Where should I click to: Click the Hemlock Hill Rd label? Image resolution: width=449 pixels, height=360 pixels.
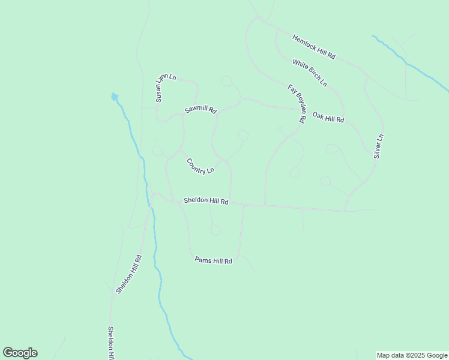click(313, 46)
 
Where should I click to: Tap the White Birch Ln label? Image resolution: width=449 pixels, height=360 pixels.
click(310, 72)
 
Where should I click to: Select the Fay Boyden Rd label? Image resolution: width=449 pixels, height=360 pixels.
click(297, 104)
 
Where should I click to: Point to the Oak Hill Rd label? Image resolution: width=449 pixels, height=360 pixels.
click(328, 117)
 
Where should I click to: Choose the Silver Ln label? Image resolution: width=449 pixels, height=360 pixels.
click(378, 146)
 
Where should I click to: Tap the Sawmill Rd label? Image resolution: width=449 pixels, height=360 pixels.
click(200, 109)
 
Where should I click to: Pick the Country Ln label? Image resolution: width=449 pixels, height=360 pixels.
click(200, 166)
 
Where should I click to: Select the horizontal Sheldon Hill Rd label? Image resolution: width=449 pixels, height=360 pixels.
click(206, 201)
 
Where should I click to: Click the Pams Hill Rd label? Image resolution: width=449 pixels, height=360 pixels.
click(213, 260)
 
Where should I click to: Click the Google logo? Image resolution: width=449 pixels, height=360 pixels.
click(20, 353)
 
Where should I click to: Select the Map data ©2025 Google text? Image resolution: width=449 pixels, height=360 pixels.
click(412, 355)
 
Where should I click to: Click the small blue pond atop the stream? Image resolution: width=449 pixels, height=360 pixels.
click(114, 96)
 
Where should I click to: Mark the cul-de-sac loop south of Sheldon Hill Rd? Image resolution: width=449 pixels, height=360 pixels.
click(215, 230)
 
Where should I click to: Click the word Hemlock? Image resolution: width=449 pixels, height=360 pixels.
click(304, 41)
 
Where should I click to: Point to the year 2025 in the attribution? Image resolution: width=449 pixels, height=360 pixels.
click(414, 355)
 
